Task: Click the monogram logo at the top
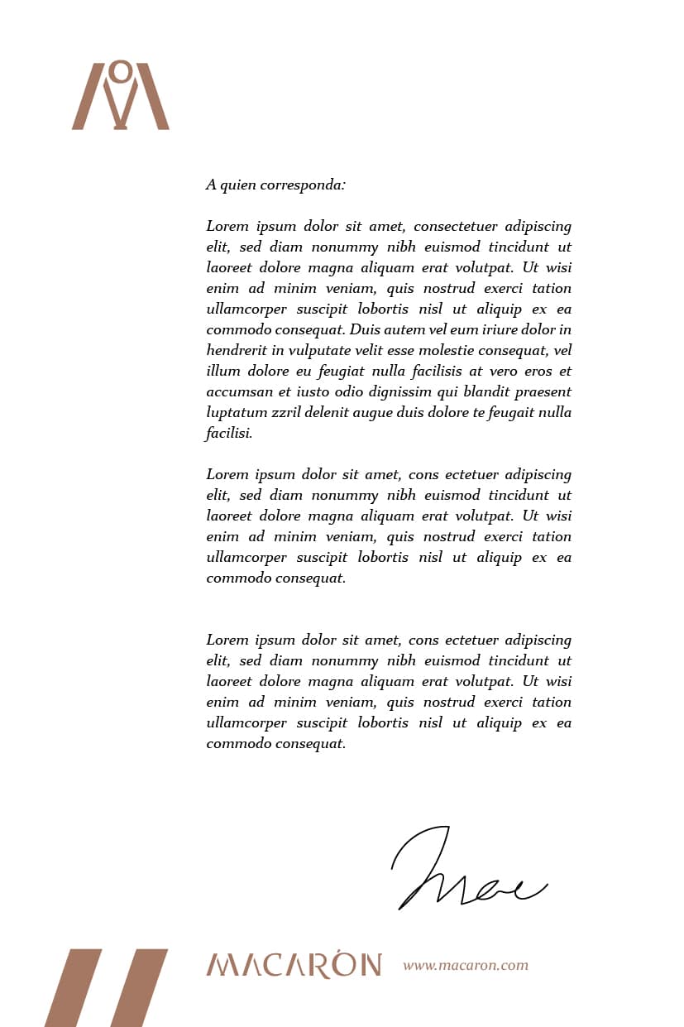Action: click(121, 95)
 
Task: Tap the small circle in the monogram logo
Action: click(121, 72)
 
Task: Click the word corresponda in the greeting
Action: click(303, 185)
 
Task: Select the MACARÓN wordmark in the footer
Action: click(294, 965)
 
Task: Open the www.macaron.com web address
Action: click(466, 965)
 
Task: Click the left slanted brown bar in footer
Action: click(73, 988)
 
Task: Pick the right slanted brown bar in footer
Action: click(139, 988)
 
